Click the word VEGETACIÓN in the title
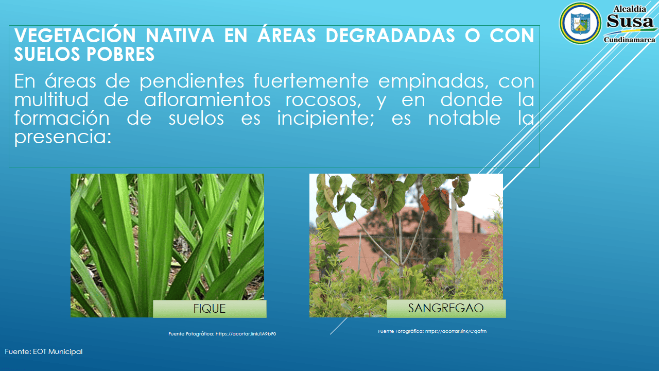75,35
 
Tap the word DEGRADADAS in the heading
390,36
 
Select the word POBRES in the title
120,54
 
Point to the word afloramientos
207,100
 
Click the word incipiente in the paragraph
325,119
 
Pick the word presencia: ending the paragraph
63,137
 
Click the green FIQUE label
210,309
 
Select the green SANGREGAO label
446,308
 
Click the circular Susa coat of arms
580,23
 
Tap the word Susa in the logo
630,21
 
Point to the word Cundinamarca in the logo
630,40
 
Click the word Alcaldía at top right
630,9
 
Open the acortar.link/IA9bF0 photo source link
246,334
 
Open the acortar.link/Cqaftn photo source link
456,331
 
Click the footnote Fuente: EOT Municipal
44,351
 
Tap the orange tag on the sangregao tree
425,203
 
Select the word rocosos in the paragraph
323,100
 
